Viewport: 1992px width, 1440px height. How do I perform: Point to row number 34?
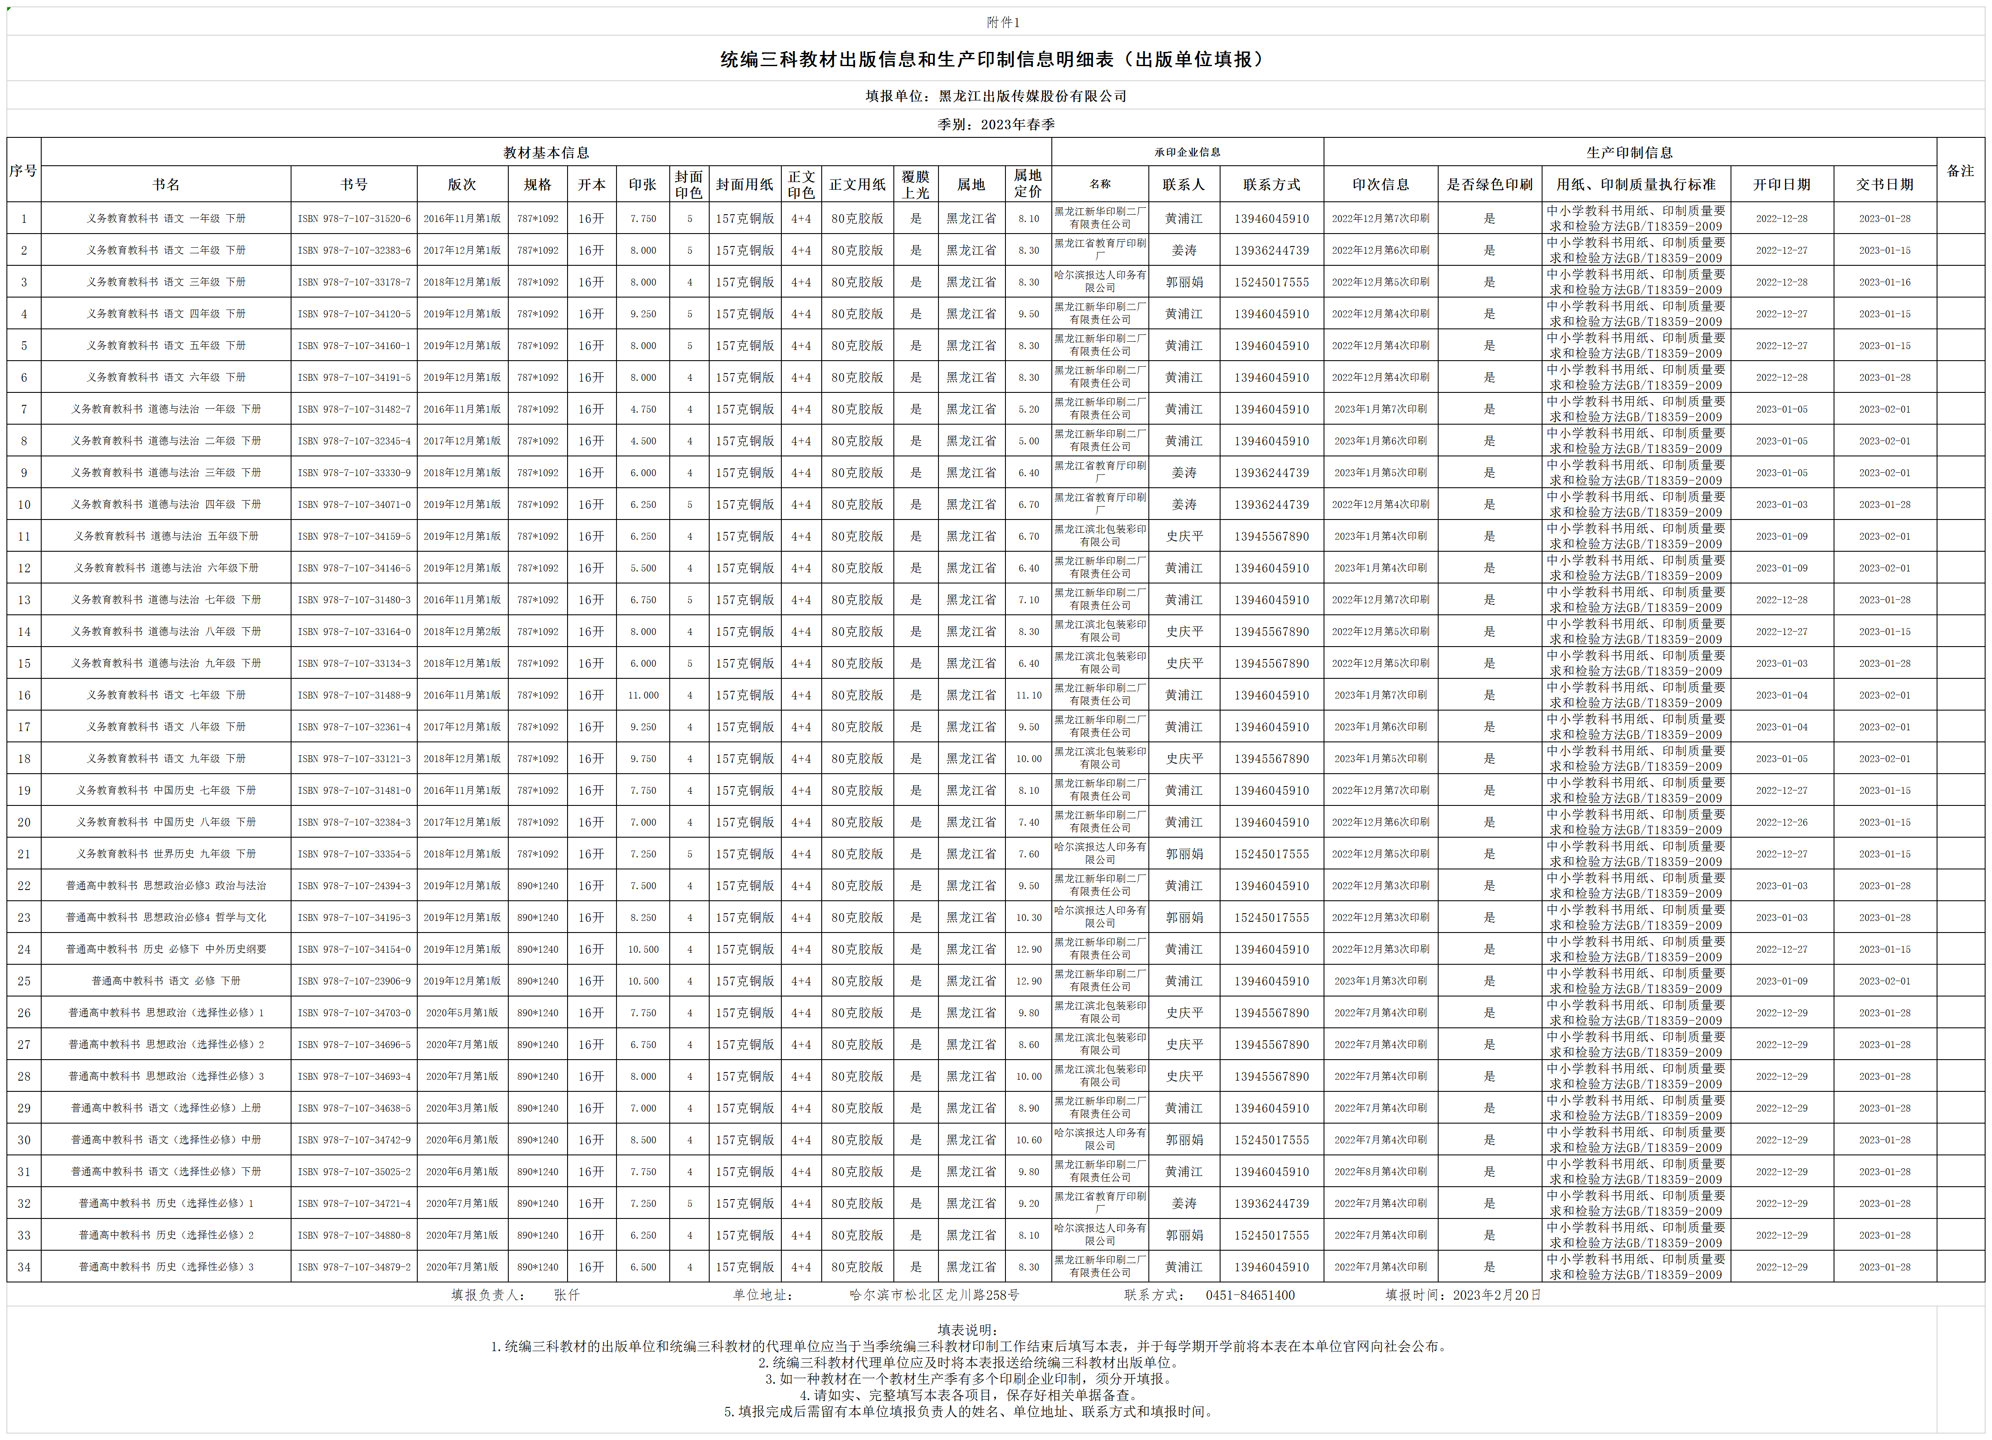(24, 1267)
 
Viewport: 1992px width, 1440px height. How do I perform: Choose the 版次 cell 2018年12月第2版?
(462, 632)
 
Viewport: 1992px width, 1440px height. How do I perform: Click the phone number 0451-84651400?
(1250, 1295)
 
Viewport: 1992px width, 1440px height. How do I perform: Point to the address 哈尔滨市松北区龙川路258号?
(935, 1295)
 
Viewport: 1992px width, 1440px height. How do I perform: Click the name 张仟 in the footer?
(567, 1295)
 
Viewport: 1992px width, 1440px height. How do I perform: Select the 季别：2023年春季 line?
(996, 125)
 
